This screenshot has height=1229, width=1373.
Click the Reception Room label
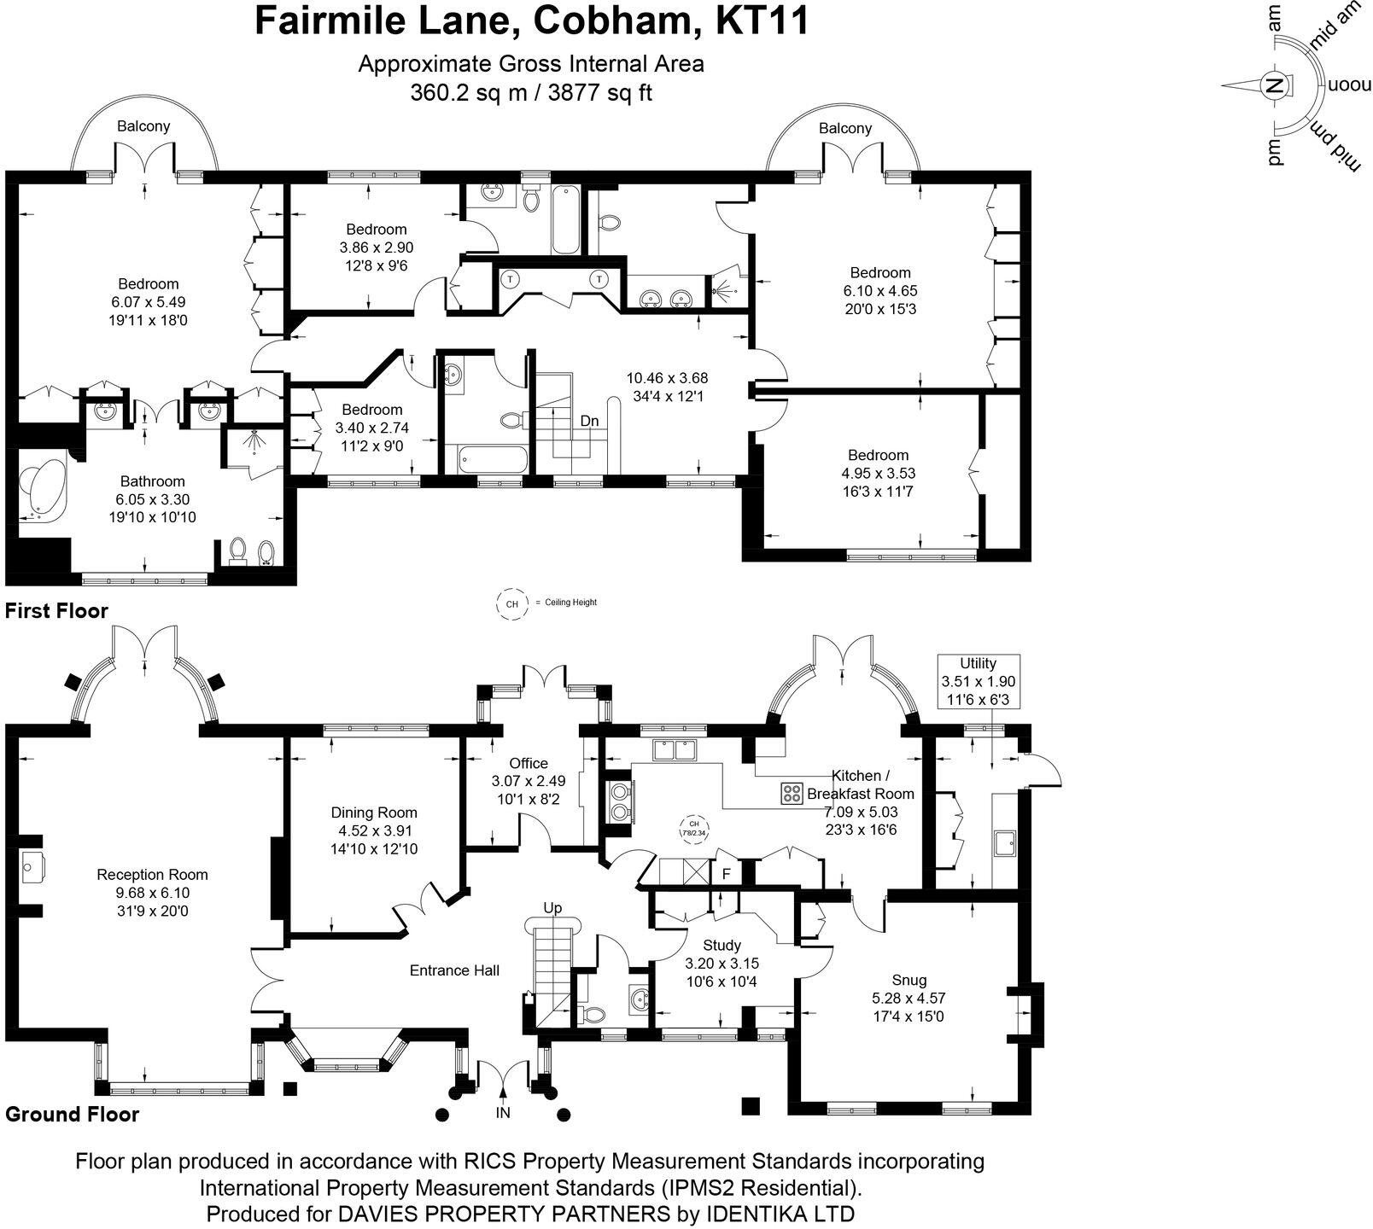coord(152,874)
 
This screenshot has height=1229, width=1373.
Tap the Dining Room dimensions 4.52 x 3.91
coord(374,830)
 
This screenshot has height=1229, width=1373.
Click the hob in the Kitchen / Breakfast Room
coord(792,793)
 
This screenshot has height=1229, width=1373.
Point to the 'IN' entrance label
coord(504,1113)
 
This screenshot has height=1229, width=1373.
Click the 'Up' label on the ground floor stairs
coord(552,908)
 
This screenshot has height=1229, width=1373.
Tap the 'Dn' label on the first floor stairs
coord(589,421)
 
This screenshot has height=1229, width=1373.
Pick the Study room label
coord(722,945)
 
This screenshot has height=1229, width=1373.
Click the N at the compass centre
coord(1274,85)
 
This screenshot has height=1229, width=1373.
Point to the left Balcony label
coord(143,126)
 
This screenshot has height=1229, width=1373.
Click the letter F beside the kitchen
coord(727,874)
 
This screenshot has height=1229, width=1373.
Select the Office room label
coord(528,763)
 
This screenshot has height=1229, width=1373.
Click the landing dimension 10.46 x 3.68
coord(667,377)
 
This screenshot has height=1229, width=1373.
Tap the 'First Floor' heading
coord(56,611)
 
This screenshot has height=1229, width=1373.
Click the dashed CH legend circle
coord(512,603)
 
